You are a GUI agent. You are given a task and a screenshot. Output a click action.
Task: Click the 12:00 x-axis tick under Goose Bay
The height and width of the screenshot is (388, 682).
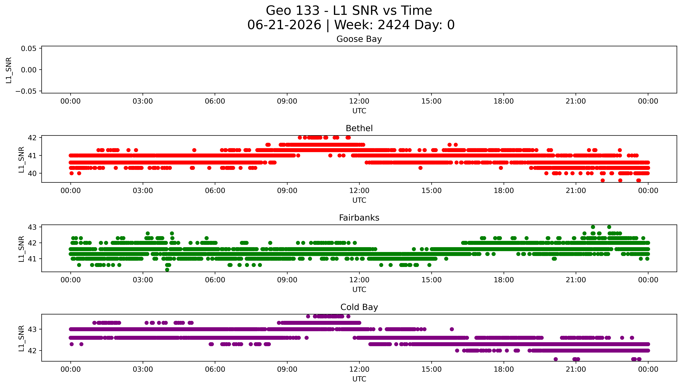pos(359,101)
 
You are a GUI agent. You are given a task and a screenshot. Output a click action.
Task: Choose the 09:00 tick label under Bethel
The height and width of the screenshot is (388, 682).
pos(287,191)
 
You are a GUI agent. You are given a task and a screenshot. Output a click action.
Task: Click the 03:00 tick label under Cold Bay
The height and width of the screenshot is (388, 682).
pos(143,369)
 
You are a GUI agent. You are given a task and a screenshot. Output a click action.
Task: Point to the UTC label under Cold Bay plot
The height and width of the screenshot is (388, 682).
pos(359,379)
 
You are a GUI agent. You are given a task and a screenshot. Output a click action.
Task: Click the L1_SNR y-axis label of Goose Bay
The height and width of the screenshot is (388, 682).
pos(9,70)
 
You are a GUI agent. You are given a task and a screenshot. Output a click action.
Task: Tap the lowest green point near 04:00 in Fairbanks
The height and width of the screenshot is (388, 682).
pos(167,270)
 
